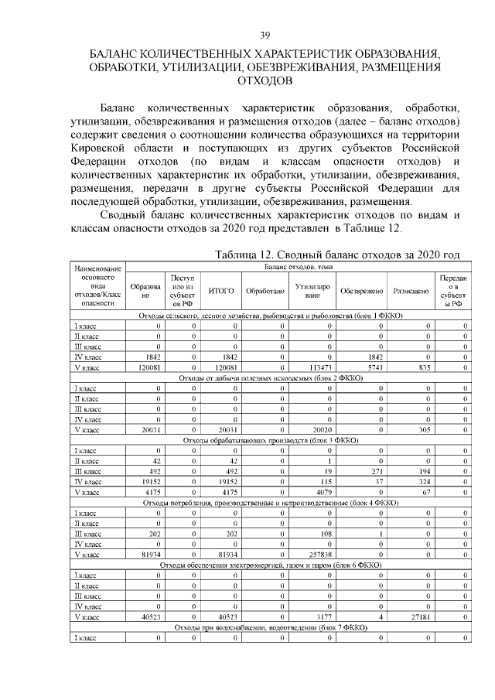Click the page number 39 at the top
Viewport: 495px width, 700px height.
tap(265, 36)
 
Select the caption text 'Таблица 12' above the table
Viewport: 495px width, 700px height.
tap(248, 254)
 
